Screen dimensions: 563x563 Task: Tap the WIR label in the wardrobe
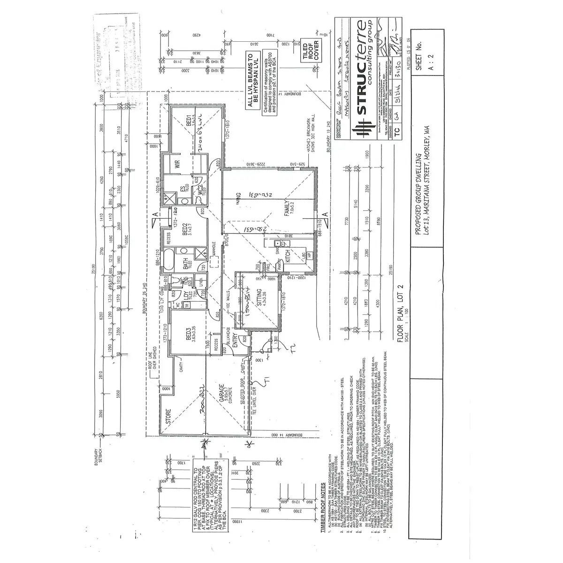tap(178, 165)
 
